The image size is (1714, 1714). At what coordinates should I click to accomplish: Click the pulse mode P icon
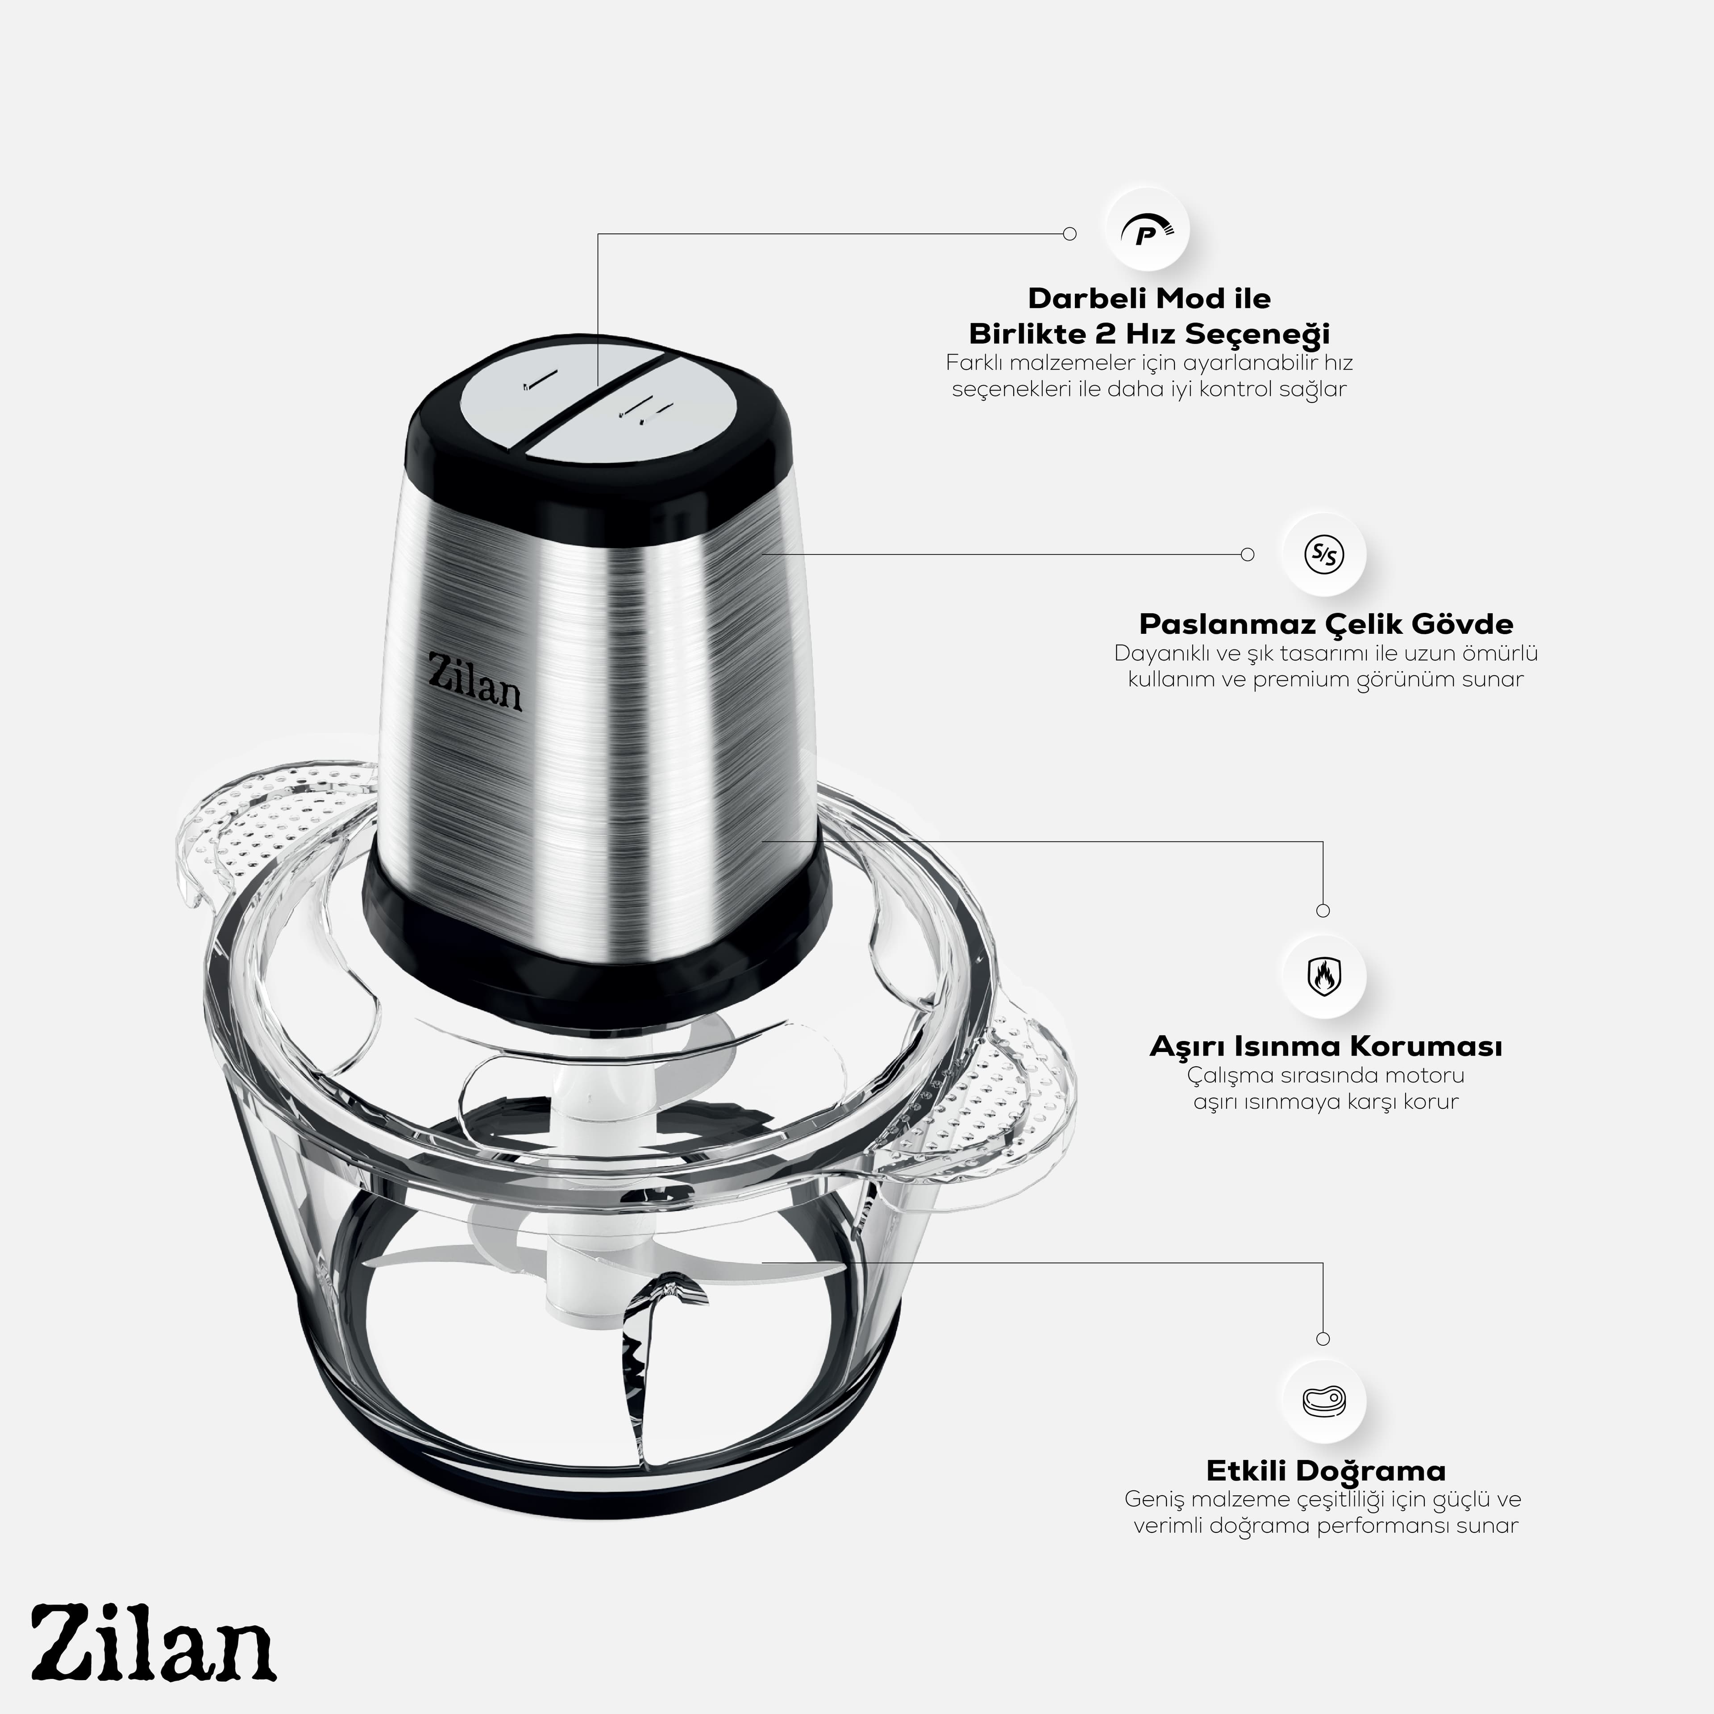click(1147, 233)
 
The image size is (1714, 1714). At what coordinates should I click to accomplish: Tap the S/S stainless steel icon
click(1323, 554)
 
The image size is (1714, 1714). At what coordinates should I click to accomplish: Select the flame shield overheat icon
click(1323, 976)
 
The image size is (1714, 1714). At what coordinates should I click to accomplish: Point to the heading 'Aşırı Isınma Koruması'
click(1325, 1046)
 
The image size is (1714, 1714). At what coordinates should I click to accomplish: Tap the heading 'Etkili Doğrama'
click(1325, 1470)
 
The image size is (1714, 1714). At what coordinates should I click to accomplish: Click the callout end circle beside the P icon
click(1070, 234)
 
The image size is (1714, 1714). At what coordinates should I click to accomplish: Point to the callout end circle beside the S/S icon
click(1248, 554)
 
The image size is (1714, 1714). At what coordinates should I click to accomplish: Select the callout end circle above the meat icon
click(1323, 1339)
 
